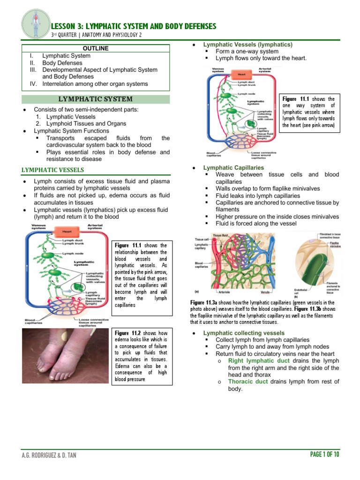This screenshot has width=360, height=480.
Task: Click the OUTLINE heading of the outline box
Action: (x=96, y=48)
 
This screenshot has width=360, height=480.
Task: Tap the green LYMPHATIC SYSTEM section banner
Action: (x=96, y=99)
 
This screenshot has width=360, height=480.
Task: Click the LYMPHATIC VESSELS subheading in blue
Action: (x=53, y=170)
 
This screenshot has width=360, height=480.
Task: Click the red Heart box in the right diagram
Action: (x=241, y=75)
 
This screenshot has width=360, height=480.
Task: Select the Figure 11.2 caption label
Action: (x=127, y=333)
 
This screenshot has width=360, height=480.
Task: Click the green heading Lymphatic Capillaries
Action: (x=233, y=167)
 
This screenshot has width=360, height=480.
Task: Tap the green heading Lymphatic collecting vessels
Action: (x=243, y=333)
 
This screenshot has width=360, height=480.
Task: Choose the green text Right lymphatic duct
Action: (x=259, y=360)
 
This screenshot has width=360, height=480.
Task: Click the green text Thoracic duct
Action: (x=248, y=382)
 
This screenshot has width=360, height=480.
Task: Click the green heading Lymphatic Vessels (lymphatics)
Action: (x=247, y=45)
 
